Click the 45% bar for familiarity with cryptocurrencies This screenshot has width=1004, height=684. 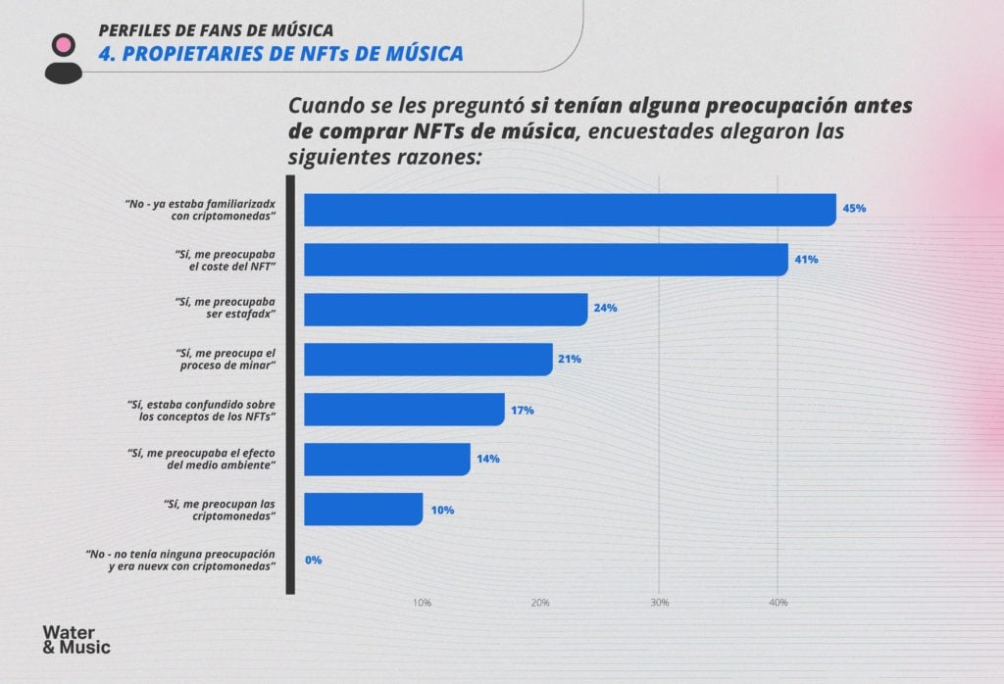click(569, 210)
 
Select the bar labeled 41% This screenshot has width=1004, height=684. click(545, 260)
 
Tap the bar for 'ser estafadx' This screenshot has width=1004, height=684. click(445, 309)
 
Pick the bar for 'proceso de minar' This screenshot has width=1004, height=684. click(427, 359)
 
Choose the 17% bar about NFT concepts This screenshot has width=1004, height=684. click(404, 409)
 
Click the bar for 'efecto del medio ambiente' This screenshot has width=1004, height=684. click(386, 459)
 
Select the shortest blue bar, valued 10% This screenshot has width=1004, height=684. click(363, 510)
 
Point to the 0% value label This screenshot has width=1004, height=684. click(314, 560)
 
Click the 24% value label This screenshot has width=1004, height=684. click(604, 309)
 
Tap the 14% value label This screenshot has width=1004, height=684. click(488, 459)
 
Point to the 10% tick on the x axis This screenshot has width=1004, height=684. click(422, 603)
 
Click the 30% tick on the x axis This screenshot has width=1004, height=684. click(659, 603)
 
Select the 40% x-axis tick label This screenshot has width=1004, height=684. click(778, 603)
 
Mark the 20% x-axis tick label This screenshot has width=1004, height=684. click(540, 603)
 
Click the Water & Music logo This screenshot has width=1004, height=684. click(76, 639)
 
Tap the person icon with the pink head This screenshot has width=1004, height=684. click(64, 57)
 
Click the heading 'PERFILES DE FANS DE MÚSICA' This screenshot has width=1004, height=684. click(216, 29)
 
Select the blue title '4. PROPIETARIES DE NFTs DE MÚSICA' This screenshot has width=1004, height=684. click(280, 54)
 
